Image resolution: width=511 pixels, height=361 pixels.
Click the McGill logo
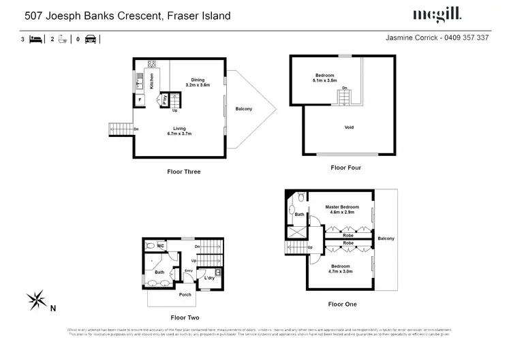point(437,14)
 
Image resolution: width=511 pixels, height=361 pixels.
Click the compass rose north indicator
point(37,298)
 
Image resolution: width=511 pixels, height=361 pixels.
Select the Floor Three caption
point(184,172)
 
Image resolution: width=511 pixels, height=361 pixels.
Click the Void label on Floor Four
point(349,127)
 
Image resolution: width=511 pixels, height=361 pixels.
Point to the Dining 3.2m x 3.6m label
point(198,82)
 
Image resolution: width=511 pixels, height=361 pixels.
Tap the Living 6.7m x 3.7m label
point(179,131)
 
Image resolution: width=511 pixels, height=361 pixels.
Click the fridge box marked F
point(140,100)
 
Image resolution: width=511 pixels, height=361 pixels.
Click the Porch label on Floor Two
point(185,294)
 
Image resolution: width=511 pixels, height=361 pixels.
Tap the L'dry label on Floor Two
point(210,279)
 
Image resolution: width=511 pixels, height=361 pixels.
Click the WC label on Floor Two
point(161,245)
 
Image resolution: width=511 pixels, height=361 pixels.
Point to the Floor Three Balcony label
point(244,109)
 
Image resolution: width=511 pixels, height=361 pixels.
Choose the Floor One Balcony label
point(386,238)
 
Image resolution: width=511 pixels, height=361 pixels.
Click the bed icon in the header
point(33,39)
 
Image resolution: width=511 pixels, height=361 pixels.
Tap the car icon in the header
point(89,39)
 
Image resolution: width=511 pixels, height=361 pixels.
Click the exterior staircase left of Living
point(120,129)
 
